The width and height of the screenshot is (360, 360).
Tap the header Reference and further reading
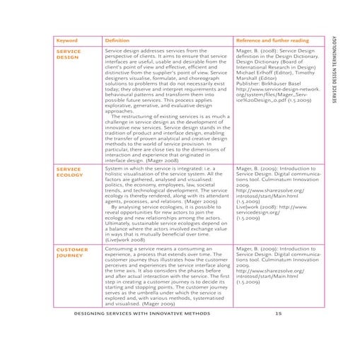coord(269,41)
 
